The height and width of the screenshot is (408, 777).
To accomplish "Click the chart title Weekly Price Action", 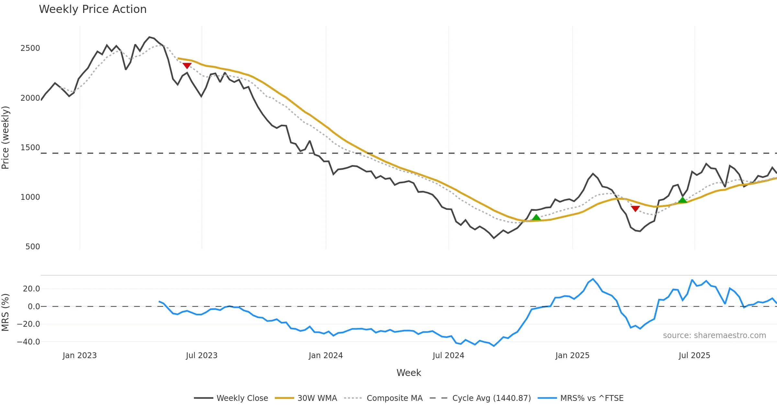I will pos(93,9).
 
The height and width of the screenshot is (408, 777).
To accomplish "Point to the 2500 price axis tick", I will pos(30,48).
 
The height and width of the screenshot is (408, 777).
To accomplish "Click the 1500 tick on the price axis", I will pos(30,148).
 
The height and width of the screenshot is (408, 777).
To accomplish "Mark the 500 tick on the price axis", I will pos(32,247).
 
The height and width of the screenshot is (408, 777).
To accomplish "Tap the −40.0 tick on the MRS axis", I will pos(28,342).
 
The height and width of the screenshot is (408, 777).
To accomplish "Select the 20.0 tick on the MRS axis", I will pos(31,289).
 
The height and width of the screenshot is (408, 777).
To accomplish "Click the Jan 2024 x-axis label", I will pos(326,356).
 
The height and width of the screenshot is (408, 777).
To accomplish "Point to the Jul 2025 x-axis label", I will pos(694,356).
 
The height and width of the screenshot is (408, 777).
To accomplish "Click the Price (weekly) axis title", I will pos(6,138).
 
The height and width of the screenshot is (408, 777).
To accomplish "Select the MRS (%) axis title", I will pos(6,312).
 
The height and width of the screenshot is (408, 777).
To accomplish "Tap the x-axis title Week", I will pos(409,373).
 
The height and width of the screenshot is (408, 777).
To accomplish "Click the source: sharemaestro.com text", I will pos(714,335).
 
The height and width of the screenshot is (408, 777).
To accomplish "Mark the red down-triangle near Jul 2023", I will pos(187,65).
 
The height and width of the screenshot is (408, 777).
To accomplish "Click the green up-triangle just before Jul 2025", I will pos(682,200).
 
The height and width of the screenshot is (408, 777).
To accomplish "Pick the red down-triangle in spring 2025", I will pos(635,209).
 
